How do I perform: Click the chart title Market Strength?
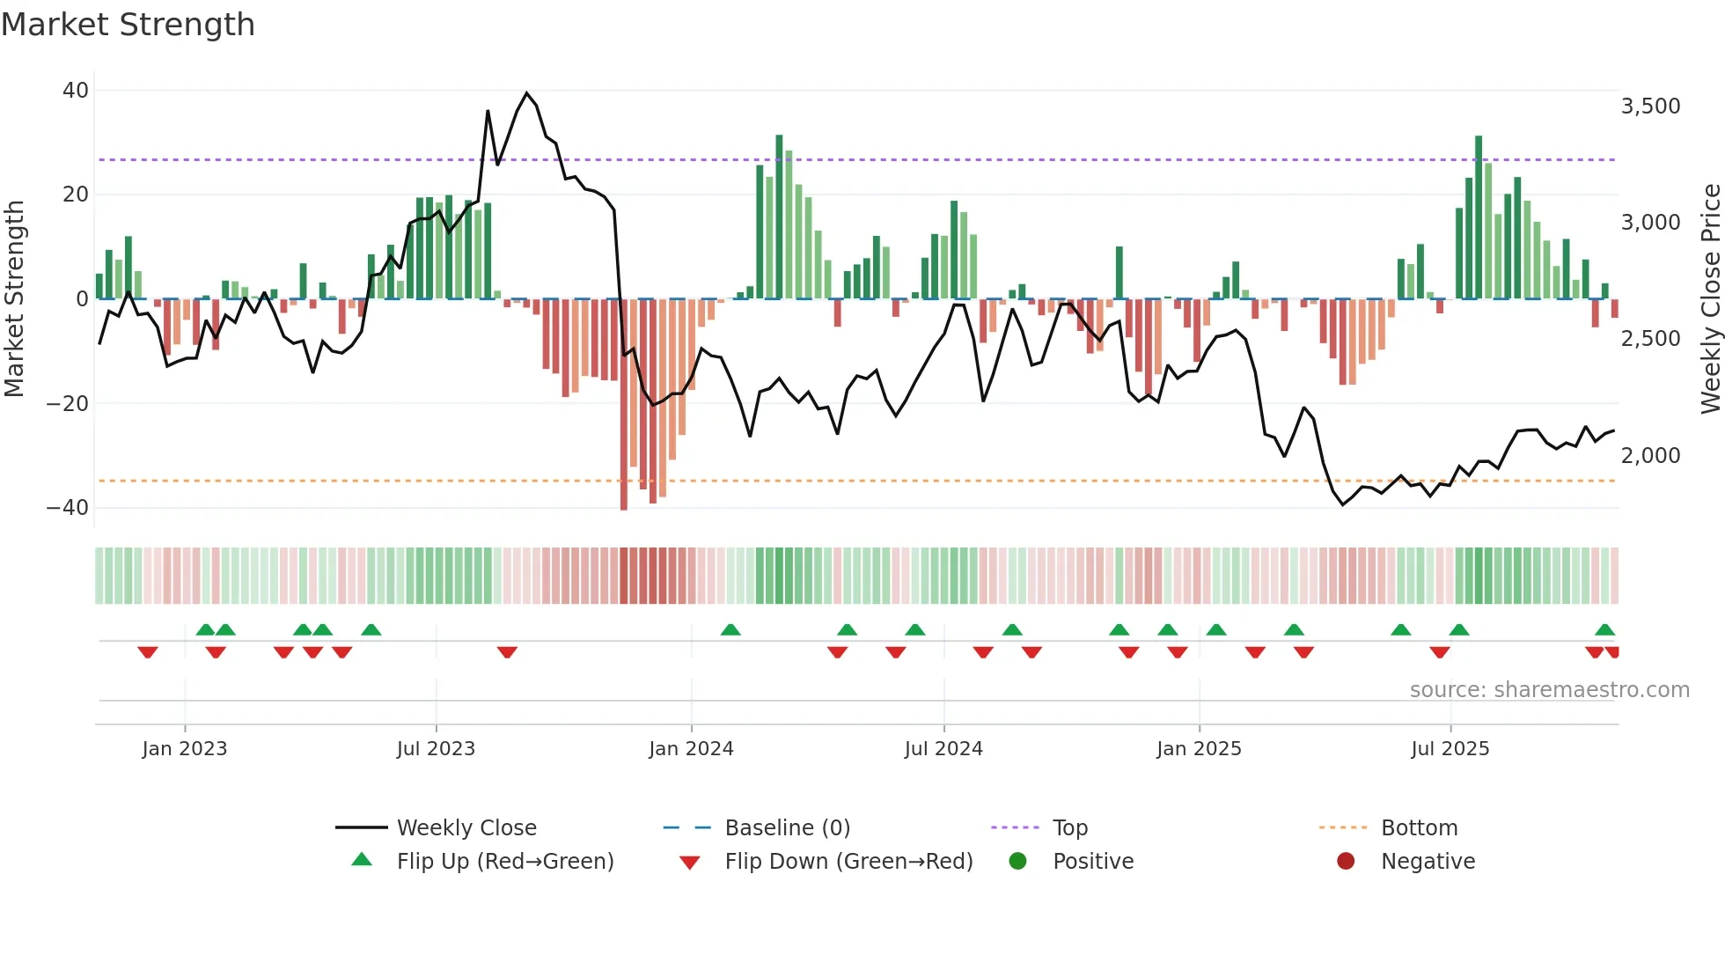(128, 25)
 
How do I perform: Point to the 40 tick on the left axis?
(76, 91)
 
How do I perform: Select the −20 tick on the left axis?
(68, 404)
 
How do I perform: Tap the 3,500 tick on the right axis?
(1650, 107)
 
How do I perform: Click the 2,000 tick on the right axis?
(1650, 456)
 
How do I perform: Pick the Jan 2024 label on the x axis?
(691, 749)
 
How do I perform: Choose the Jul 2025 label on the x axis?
(1450, 749)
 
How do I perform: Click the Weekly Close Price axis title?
(1710, 298)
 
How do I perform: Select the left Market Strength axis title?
(15, 298)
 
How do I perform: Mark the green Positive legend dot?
(1018, 862)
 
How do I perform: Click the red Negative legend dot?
(1346, 862)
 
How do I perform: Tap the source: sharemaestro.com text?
(1549, 690)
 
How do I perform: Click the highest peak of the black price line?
(526, 93)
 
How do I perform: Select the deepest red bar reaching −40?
(624, 405)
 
